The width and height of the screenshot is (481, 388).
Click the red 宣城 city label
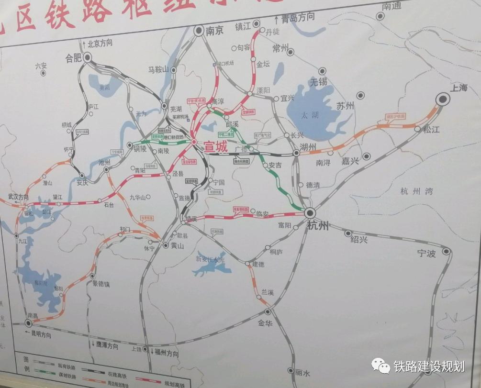click(216, 147)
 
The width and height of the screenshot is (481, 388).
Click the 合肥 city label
click(74, 59)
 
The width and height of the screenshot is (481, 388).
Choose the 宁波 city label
click(426, 254)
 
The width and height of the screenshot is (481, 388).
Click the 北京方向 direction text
click(100, 44)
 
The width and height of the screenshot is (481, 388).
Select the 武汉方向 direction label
click(19, 197)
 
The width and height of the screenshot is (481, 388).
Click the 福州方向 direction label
click(167, 354)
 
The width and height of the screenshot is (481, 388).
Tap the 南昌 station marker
click(28, 324)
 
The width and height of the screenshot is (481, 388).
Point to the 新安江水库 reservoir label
click(210, 259)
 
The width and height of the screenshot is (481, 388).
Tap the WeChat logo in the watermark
click(381, 366)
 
